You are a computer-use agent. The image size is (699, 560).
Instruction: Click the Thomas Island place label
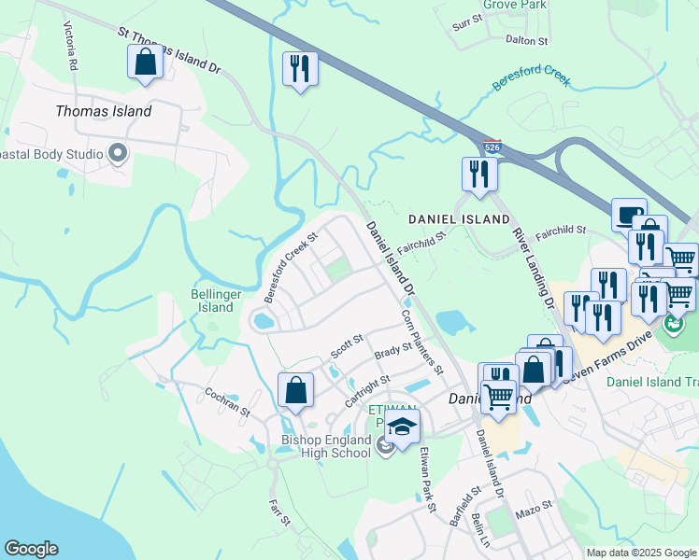(x=103, y=111)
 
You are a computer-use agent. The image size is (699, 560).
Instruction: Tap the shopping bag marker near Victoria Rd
(x=145, y=63)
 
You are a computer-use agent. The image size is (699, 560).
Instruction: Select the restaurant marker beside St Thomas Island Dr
(x=299, y=69)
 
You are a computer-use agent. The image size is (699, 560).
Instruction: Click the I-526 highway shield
(x=492, y=147)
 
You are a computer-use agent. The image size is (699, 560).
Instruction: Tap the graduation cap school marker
(x=402, y=428)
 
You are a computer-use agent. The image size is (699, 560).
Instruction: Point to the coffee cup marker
(x=629, y=215)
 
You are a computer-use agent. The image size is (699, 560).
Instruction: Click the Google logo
(x=31, y=549)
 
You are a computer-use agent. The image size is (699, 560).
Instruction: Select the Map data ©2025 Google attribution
(x=642, y=553)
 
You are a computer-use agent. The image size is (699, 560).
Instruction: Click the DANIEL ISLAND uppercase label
(x=459, y=219)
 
